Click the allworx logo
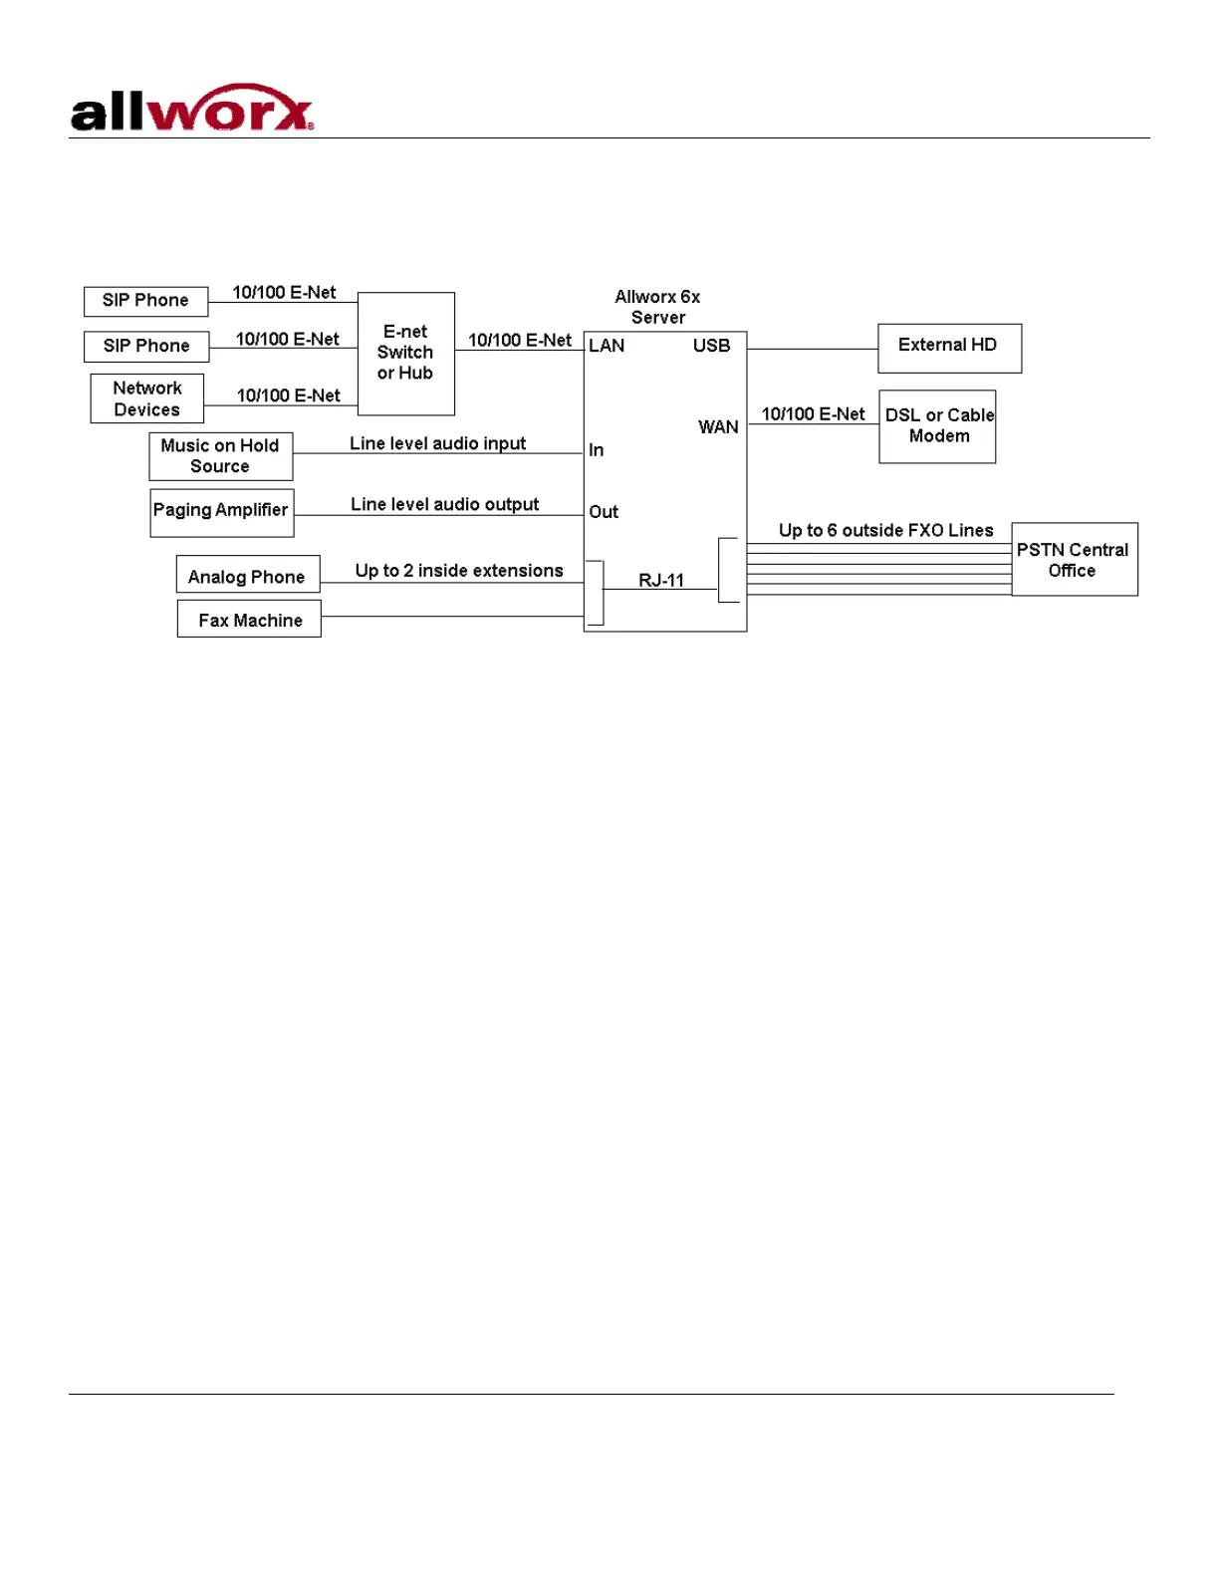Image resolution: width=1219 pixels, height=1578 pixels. (x=192, y=109)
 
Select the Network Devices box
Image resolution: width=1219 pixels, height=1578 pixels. (x=147, y=398)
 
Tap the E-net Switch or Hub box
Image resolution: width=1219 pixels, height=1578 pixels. (x=405, y=353)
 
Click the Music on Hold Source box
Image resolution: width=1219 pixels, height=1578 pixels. (x=220, y=456)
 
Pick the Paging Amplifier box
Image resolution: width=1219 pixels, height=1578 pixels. (x=221, y=511)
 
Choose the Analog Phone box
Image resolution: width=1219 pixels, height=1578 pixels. (x=247, y=576)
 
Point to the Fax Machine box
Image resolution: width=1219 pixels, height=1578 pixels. (x=249, y=620)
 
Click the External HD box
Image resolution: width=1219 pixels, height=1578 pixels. (x=948, y=347)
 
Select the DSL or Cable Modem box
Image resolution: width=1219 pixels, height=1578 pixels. (x=938, y=426)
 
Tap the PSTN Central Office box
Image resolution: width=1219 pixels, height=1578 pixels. (x=1074, y=560)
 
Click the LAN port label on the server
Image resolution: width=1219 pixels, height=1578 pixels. (x=607, y=346)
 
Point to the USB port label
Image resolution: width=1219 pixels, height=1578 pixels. (x=711, y=346)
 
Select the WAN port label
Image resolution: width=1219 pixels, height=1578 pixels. (x=718, y=427)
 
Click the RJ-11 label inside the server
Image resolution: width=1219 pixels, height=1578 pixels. (x=661, y=580)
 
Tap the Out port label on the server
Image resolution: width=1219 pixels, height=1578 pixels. (x=604, y=512)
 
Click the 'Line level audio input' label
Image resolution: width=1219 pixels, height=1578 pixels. (x=437, y=443)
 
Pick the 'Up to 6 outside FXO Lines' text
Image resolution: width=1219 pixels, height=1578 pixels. (x=885, y=530)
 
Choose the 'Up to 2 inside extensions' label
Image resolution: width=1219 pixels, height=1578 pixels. (x=459, y=571)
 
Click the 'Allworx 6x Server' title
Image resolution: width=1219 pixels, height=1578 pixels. (x=657, y=307)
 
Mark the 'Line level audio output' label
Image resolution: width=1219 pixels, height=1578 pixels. (x=444, y=504)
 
